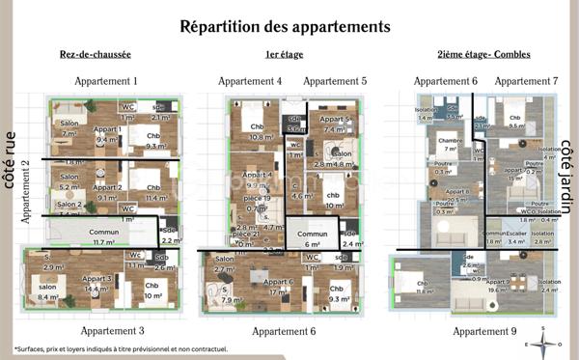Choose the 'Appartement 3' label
103,330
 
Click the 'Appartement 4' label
250,81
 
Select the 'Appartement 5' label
335,81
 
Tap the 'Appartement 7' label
526,81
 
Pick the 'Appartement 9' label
485,330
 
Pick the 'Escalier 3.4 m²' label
515,237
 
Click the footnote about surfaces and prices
121,349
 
